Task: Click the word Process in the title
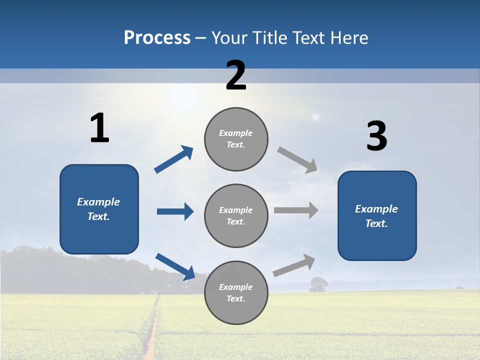[157, 38]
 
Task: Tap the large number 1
[99, 128]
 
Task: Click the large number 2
[236, 75]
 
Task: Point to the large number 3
[376, 136]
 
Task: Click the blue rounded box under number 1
[99, 209]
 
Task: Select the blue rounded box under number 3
[377, 215]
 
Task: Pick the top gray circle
[236, 139]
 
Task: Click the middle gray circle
[236, 215]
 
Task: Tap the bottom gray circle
[236, 292]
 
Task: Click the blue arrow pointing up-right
[174, 159]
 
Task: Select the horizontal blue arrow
[175, 211]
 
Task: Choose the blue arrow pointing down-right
[175, 266]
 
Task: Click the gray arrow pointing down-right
[297, 159]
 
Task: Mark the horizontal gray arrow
[295, 210]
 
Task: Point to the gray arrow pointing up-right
[294, 265]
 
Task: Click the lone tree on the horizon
[318, 284]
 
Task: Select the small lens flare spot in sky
[315, 117]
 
